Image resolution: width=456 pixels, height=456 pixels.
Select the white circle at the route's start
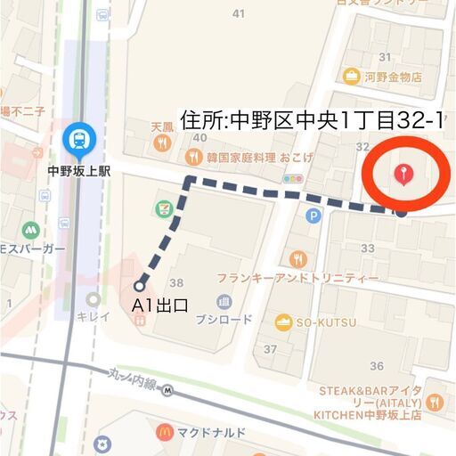tap(140, 286)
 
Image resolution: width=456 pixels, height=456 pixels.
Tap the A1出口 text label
tap(160, 306)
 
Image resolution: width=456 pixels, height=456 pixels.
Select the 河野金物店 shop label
tap(392, 77)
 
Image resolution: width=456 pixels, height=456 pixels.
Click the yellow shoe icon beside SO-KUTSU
tap(284, 322)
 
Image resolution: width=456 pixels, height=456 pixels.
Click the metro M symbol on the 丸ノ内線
tap(167, 390)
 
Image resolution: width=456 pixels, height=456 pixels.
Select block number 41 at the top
tap(238, 12)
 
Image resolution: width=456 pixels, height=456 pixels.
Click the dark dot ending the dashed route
tap(402, 212)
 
